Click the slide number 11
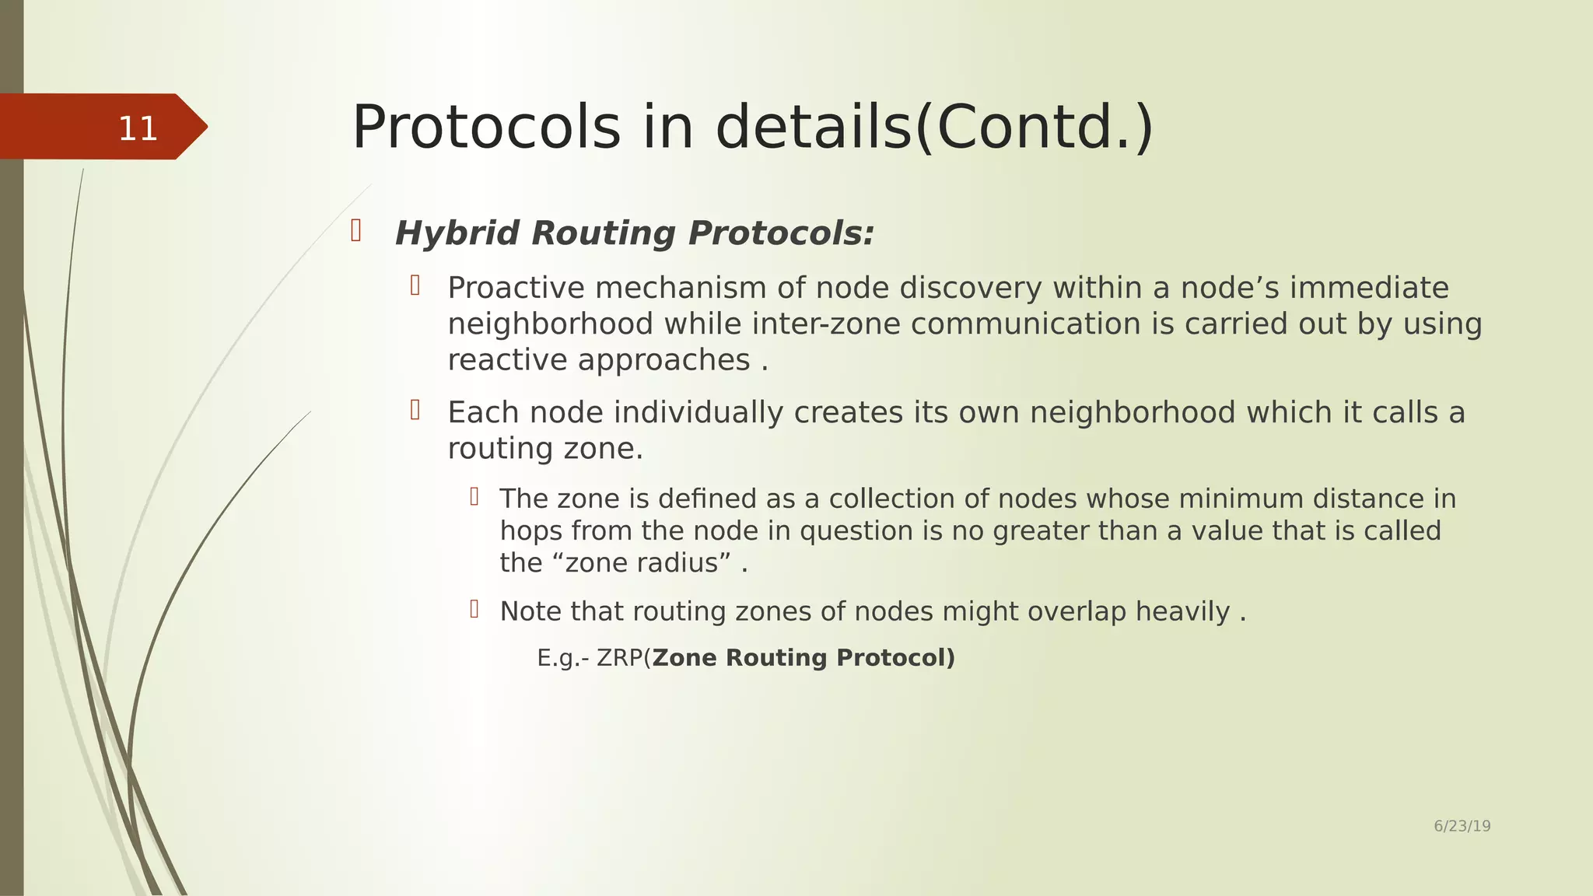(138, 128)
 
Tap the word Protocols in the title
(486, 128)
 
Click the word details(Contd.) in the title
(933, 128)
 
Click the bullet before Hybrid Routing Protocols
(356, 231)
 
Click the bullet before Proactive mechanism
(415, 286)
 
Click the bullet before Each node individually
(415, 410)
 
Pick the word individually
(698, 413)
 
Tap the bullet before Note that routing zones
(474, 609)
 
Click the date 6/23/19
(1462, 826)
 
